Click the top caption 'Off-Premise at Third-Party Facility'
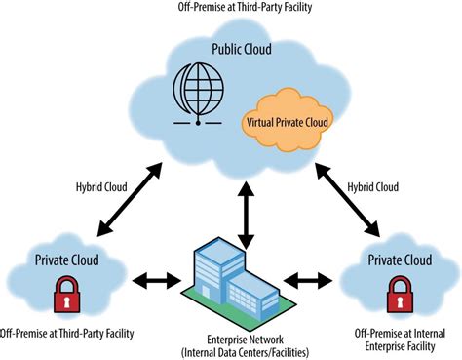tap(230, 11)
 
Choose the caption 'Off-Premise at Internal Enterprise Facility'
tap(399, 340)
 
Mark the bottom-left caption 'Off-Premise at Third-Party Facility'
tap(67, 334)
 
